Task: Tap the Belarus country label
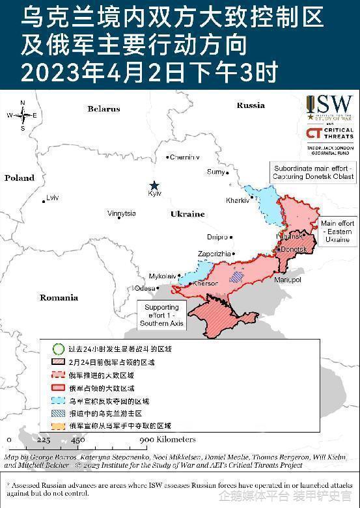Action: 104,109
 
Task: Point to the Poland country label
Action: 20,178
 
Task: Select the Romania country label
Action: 59,297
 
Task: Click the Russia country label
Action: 251,105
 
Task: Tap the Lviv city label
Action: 52,198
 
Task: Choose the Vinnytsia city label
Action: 121,213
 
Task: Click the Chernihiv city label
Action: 184,157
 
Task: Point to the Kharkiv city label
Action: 238,200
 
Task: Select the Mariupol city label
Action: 288,279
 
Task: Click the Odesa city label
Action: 145,287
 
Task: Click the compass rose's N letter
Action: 22,103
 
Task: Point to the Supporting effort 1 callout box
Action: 161,315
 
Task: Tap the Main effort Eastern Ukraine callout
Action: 337,232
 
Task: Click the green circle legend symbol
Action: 58,349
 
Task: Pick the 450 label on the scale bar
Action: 77,440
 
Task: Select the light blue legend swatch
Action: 58,401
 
